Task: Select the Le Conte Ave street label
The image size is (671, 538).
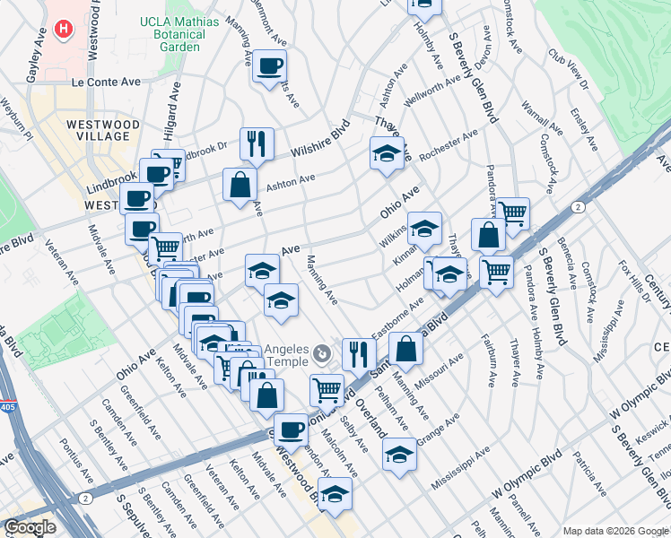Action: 107,82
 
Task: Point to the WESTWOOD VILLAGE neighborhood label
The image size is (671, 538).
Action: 102,130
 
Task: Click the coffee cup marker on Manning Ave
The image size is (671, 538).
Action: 269,65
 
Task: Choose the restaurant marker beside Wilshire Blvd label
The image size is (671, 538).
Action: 257,143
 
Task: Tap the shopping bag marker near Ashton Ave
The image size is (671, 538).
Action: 240,185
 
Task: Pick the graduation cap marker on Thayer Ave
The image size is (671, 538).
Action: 387,152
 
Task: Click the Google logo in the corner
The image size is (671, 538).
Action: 30,527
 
